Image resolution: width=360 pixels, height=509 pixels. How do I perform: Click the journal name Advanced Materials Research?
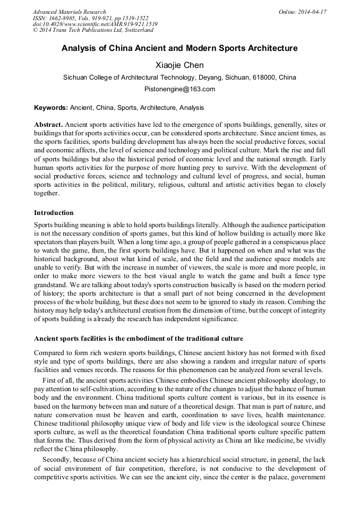tap(69, 12)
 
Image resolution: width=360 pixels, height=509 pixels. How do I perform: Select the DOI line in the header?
tap(95, 24)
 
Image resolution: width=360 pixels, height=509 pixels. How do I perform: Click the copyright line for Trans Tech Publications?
tap(93, 31)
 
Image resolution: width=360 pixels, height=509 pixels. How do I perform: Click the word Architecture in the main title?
tap(269, 48)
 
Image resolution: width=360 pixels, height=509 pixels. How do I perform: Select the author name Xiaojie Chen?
tap(179, 65)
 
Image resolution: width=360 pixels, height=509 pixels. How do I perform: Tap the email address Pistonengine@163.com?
tap(179, 89)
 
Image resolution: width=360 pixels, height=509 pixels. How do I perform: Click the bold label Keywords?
tap(51, 108)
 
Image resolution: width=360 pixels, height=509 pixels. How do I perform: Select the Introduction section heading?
tap(54, 213)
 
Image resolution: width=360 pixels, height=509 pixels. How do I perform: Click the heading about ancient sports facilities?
tap(139, 338)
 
